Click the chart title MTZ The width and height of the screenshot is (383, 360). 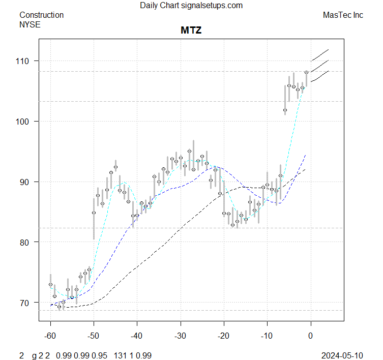tap(191, 30)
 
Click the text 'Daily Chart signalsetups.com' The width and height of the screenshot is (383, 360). tap(191, 6)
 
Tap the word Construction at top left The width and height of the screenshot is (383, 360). tap(41, 15)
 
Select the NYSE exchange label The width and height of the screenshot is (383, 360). tap(30, 24)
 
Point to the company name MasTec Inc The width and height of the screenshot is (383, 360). tap(343, 15)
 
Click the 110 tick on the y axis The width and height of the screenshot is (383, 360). tap(25, 61)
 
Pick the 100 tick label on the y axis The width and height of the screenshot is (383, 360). tap(25, 122)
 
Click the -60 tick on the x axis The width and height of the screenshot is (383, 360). tap(50, 336)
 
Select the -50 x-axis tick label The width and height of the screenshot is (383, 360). tap(94, 336)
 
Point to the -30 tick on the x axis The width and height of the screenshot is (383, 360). tap(181, 336)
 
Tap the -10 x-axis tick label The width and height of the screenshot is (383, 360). tap(267, 336)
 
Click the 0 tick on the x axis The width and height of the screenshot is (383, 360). tap(311, 336)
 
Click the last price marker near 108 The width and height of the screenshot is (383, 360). tap(307, 72)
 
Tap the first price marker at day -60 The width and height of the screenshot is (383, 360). tap(50, 285)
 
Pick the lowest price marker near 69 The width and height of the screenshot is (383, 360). tap(59, 307)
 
